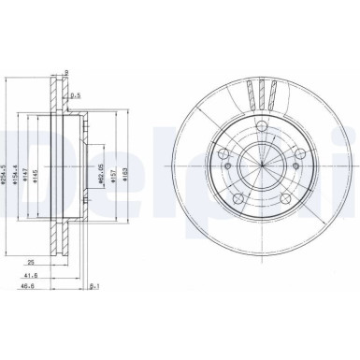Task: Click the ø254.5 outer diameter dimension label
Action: [10, 171]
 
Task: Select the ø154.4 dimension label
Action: [24, 171]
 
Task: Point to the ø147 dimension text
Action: [35, 171]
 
